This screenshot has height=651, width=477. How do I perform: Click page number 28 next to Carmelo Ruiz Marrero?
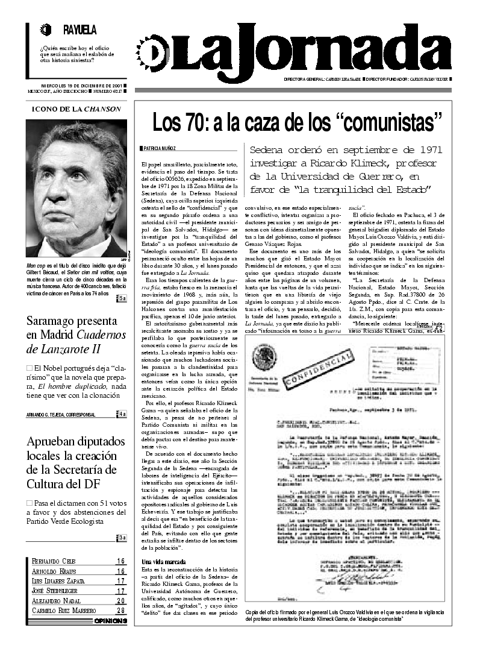click(x=120, y=611)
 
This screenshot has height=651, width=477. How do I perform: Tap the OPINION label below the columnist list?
click(x=110, y=621)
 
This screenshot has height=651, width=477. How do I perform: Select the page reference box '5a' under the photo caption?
click(x=122, y=298)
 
